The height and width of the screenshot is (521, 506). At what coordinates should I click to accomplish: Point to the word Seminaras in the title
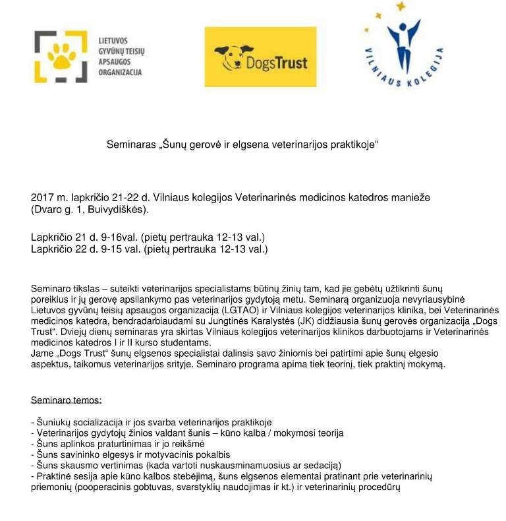tap(131, 144)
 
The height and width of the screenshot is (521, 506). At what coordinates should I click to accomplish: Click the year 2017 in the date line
tap(42, 198)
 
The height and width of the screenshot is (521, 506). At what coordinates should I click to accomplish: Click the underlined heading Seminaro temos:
tap(67, 400)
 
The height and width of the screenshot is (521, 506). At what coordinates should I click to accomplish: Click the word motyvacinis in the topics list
tap(162, 454)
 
